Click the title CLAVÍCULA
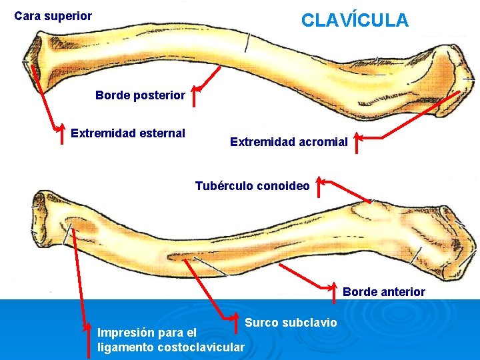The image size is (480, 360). (355, 21)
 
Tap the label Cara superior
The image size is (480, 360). (53, 15)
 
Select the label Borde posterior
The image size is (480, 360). (140, 95)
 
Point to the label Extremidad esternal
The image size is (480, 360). (128, 133)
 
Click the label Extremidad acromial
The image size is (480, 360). (289, 141)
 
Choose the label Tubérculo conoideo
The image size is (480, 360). (252, 186)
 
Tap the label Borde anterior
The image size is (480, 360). (384, 291)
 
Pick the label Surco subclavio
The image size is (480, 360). (291, 323)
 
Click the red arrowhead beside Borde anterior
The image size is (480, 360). (336, 287)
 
